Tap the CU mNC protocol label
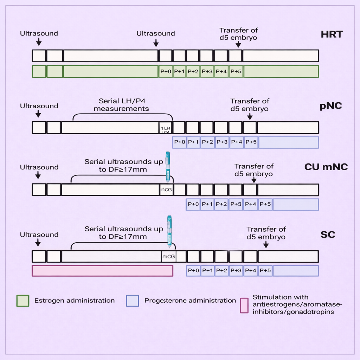tap(326, 167)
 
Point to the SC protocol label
tap(328, 235)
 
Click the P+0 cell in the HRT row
tap(166, 71)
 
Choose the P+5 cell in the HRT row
tap(236, 71)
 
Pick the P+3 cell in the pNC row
tap(222, 142)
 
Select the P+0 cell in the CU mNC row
tap(193, 204)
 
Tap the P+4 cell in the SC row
tap(250, 271)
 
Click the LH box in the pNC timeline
tap(166, 128)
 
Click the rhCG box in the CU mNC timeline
tap(166, 189)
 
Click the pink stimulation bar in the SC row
tap(102, 271)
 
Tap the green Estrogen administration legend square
tap(23, 301)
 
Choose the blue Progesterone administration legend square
tap(132, 301)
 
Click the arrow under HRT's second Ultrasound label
tap(156, 43)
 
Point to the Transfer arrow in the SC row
tap(266, 244)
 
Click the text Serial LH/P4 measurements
tap(121, 105)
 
